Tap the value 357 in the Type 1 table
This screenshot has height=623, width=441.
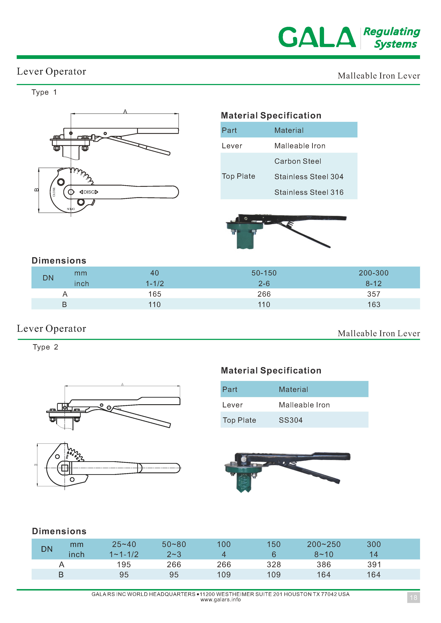tap(373, 294)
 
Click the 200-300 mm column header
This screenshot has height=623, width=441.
tap(373, 273)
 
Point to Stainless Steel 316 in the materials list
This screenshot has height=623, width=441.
tap(309, 192)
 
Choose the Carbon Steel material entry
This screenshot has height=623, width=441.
tap(298, 161)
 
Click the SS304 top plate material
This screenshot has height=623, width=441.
tap(291, 420)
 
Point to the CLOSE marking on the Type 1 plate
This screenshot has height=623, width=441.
tap(54, 192)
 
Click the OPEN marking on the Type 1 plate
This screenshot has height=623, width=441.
tap(71, 209)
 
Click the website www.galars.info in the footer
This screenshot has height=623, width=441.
tap(220, 600)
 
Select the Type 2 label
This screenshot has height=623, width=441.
tap(45, 347)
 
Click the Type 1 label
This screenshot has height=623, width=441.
tap(44, 92)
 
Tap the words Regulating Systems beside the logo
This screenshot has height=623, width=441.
tap(392, 38)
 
